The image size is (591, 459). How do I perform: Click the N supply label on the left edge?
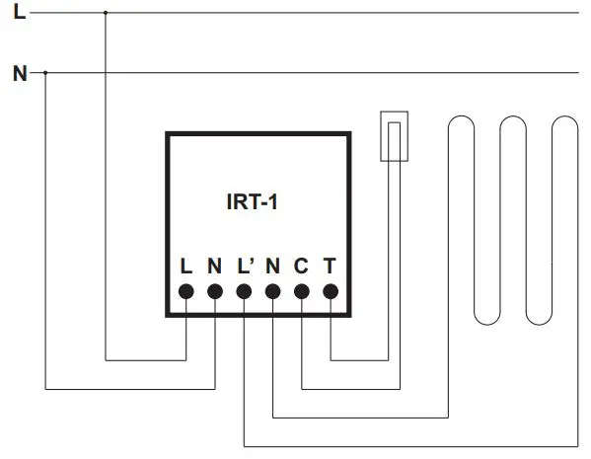[19, 72]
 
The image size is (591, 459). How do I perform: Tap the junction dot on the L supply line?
[105, 14]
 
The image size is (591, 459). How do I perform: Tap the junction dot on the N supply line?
[46, 72]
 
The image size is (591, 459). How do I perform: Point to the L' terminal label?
[245, 266]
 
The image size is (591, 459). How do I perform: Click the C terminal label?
[301, 266]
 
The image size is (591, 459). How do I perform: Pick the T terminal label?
[330, 266]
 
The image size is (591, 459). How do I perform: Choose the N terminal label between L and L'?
[214, 266]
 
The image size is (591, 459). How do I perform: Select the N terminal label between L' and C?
[272, 266]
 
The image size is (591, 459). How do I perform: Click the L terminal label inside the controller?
[185, 266]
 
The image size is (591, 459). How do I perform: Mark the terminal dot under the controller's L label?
[185, 291]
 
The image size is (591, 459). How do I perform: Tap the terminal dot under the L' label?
[244, 291]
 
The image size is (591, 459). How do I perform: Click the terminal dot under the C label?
[302, 291]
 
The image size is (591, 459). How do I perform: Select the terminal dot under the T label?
[331, 291]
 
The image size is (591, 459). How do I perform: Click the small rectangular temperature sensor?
[394, 135]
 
